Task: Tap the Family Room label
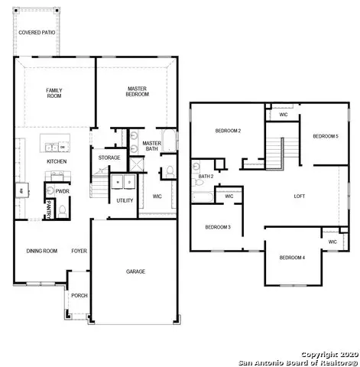coord(55,93)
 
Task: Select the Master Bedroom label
coord(137,92)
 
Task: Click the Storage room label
coord(109,158)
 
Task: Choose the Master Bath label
coord(151,146)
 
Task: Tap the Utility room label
coord(125,200)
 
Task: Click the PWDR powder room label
coord(62,192)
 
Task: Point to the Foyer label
coord(79,251)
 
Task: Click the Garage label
coord(136,271)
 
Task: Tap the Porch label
coord(78,295)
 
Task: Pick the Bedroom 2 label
coord(228,131)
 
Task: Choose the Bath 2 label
coord(205,177)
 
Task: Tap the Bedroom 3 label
coord(219,227)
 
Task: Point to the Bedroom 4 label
coord(292,258)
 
